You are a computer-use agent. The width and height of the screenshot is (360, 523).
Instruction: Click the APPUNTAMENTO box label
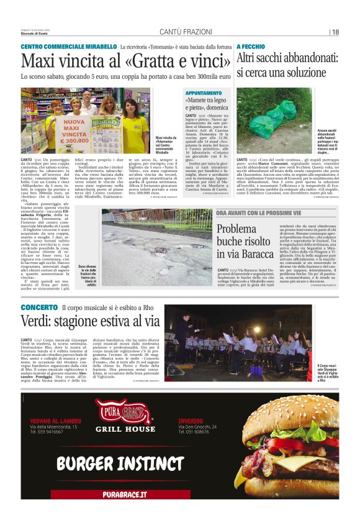coord(203,91)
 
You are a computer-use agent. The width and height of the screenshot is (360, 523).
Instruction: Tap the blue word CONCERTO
coord(39,307)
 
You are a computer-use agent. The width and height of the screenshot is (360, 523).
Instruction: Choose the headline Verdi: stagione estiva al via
coord(90,321)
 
